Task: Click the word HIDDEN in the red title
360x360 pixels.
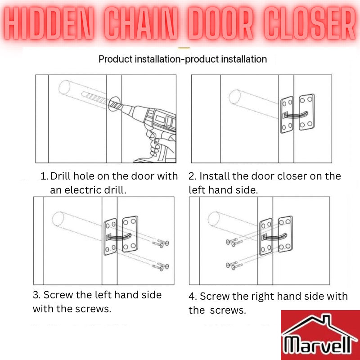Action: pos(49,23)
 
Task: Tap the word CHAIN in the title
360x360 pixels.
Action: pos(142,23)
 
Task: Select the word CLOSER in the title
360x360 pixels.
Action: pos(310,23)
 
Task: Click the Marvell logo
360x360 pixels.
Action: pos(320,335)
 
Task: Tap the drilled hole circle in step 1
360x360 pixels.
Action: pos(114,104)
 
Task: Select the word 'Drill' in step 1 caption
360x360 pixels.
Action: pos(61,176)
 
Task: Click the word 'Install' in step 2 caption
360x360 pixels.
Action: pos(214,176)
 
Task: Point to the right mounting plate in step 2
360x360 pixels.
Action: pos(307,112)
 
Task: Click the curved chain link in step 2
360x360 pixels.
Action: pos(295,114)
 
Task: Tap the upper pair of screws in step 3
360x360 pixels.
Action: pos(161,243)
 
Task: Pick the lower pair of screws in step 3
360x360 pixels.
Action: pos(161,267)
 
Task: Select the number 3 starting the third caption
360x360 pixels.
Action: pos(36,295)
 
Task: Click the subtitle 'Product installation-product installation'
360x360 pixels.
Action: pos(183,59)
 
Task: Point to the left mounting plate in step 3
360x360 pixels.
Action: pos(110,237)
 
